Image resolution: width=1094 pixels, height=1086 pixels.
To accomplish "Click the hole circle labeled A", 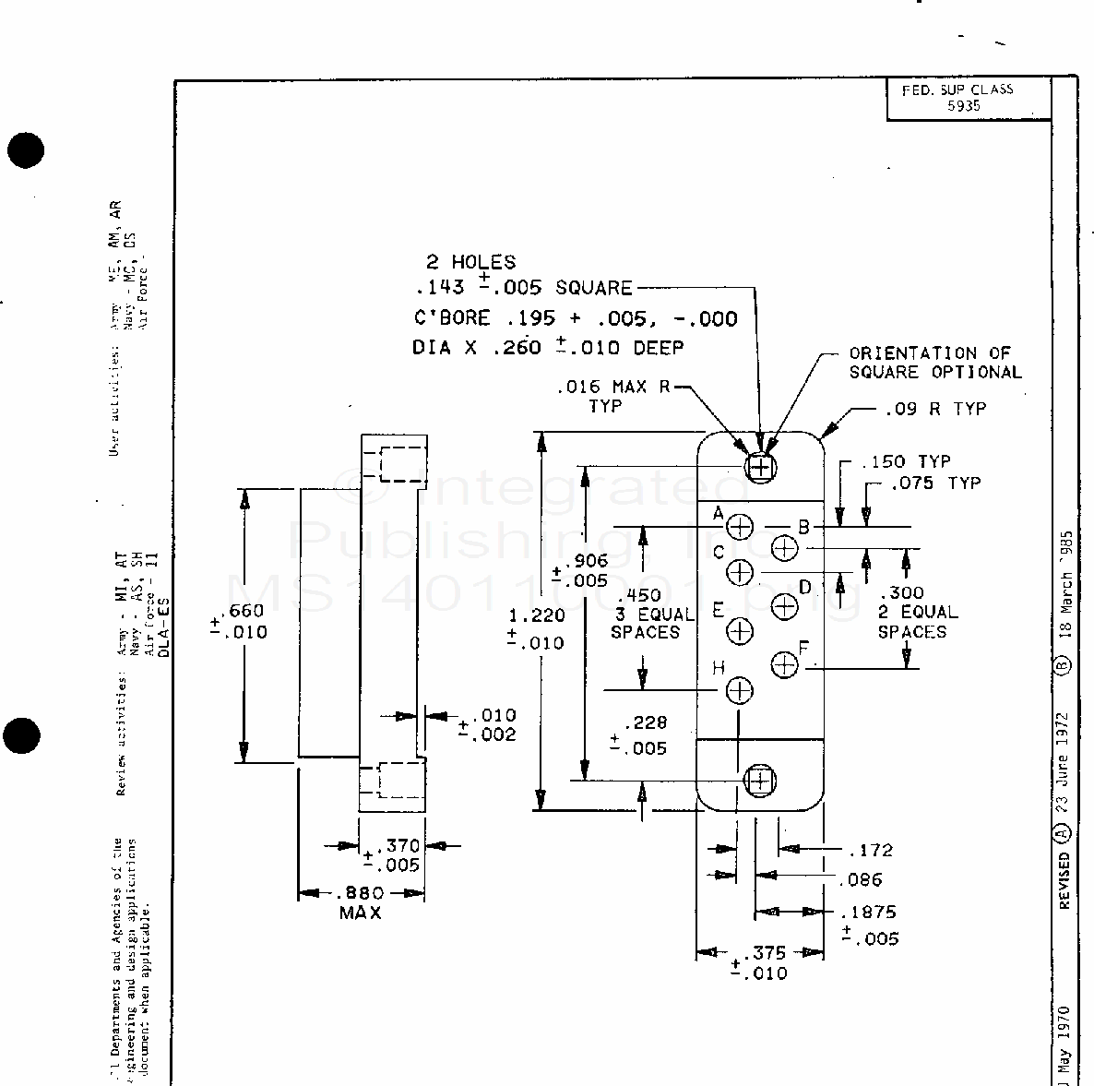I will (x=741, y=527).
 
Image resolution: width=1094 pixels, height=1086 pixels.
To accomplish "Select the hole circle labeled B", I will (x=784, y=548).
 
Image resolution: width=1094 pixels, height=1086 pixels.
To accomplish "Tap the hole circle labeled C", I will (x=740, y=572).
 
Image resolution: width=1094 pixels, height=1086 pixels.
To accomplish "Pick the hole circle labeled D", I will (x=784, y=606).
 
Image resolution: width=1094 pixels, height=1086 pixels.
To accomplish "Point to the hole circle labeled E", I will (x=740, y=631).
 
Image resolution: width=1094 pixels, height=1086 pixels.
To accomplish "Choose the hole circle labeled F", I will (x=784, y=664).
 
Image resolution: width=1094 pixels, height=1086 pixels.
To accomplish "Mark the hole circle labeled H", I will (x=740, y=690).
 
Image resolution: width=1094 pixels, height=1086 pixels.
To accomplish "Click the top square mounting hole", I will (x=759, y=467).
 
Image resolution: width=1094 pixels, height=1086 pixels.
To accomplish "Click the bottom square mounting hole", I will (x=759, y=781).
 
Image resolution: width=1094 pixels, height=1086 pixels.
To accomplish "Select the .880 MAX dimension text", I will (x=361, y=893).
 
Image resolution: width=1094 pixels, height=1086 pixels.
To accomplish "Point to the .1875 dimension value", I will (x=868, y=913).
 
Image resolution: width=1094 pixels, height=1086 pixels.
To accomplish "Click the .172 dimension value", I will (x=871, y=850).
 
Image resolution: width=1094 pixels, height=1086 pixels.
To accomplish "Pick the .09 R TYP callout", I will (x=934, y=409).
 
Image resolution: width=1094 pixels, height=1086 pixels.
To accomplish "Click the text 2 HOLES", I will (x=470, y=262).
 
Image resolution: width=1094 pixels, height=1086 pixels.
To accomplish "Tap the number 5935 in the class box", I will (x=963, y=105).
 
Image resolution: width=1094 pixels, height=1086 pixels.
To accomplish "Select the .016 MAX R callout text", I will (x=613, y=387).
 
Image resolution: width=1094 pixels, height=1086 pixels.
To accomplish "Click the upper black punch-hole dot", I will (x=25, y=150).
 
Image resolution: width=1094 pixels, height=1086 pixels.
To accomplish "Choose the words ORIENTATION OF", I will (x=929, y=352).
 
